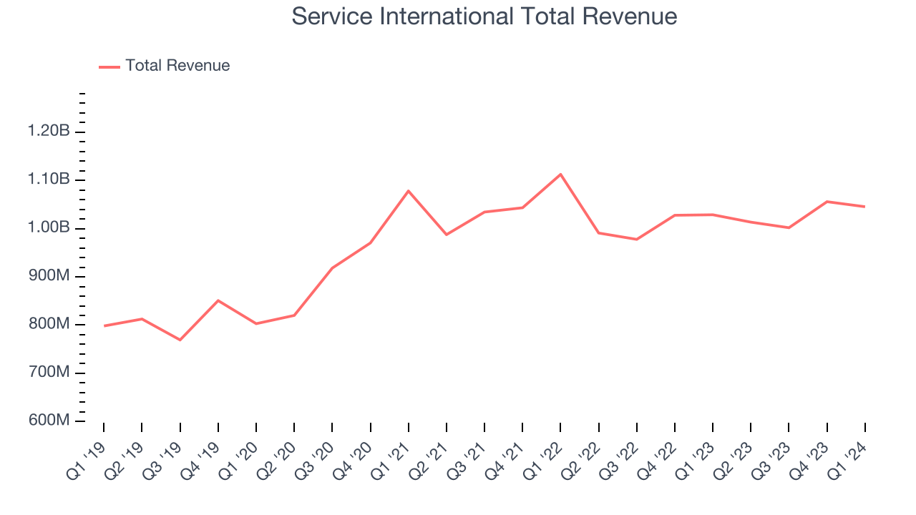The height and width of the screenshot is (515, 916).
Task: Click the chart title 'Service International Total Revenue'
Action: [x=484, y=16]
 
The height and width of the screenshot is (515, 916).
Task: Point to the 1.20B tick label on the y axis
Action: [x=49, y=132]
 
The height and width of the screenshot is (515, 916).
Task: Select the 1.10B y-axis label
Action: [x=49, y=180]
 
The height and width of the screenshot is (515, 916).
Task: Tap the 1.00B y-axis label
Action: [x=49, y=228]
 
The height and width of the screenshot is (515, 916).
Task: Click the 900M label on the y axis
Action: [x=49, y=276]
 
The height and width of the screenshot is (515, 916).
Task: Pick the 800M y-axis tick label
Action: [x=49, y=325]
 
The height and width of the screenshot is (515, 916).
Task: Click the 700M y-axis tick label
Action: [x=49, y=373]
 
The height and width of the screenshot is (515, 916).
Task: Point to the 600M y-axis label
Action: [x=49, y=421]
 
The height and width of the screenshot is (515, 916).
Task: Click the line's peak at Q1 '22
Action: [x=560, y=174]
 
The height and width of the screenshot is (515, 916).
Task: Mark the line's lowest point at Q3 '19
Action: [x=180, y=340]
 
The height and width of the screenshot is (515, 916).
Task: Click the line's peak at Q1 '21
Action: [x=408, y=190]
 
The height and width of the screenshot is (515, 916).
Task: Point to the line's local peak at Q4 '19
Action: [x=218, y=300]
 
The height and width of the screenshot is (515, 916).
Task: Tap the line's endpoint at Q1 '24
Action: [x=864, y=207]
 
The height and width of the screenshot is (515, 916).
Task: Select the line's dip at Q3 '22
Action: [x=636, y=239]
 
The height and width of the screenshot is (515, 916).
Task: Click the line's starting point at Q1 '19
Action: [x=104, y=326]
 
